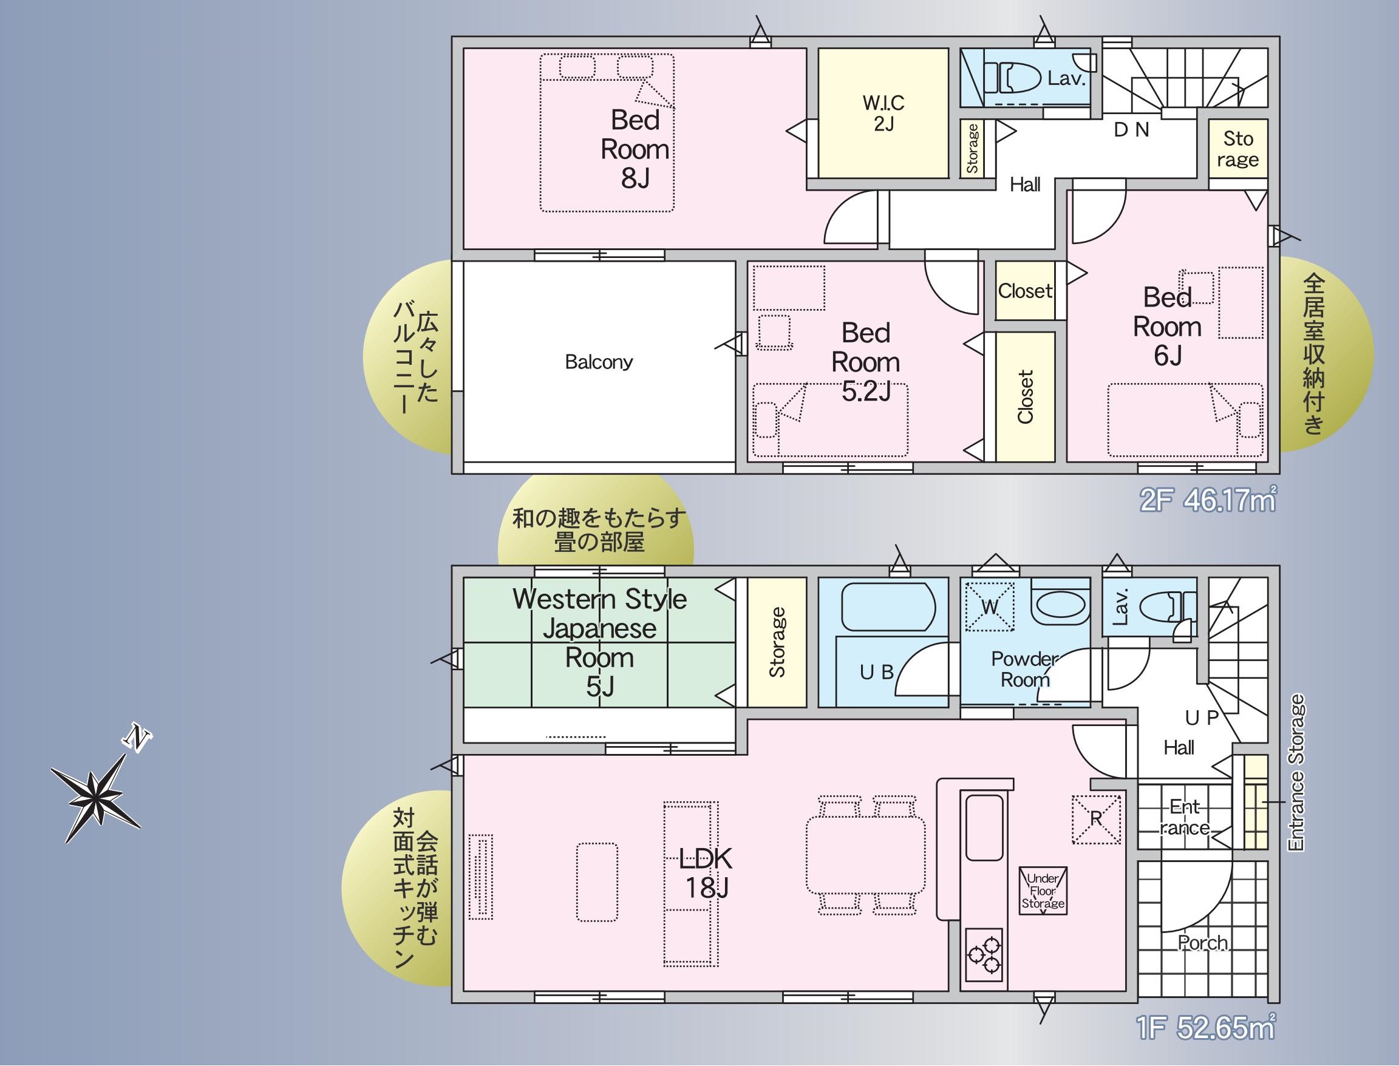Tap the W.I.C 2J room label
883,112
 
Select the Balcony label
599,362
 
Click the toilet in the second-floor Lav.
1012,79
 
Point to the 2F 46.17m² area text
1208,501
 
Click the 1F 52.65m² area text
1205,1028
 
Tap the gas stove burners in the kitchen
983,954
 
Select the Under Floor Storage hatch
1043,890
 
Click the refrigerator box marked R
1096,819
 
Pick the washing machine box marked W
990,606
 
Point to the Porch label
1203,943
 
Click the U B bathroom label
877,672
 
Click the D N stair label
1132,129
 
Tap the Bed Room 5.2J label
866,362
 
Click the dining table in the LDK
866,855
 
